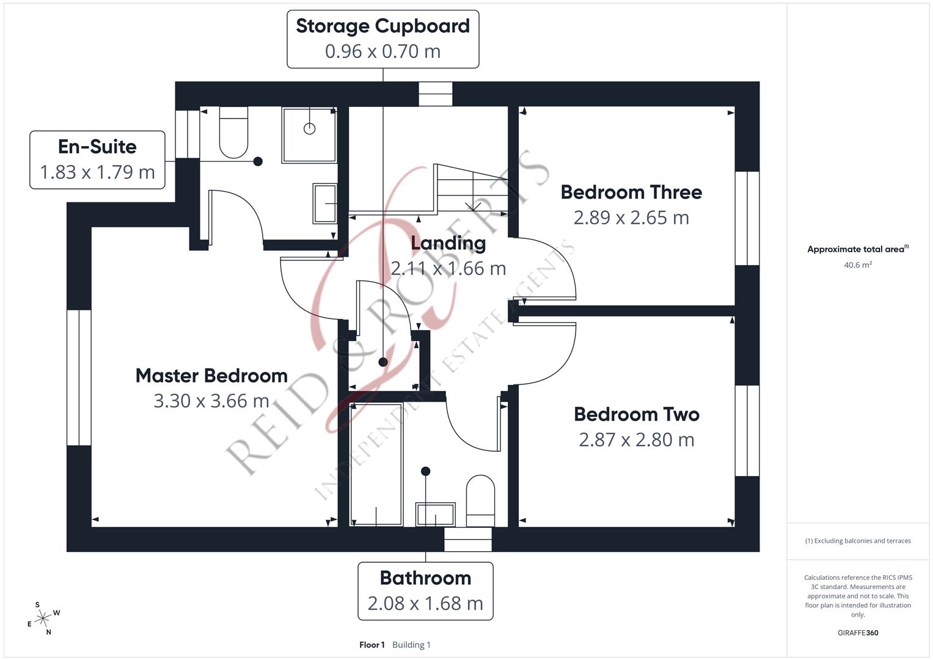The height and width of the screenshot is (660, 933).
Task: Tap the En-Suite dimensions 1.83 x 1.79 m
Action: pos(97,172)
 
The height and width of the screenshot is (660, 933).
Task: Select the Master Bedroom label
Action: pos(211,375)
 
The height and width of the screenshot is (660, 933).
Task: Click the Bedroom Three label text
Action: pos(631,192)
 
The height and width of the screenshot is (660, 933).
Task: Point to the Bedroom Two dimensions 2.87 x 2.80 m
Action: pos(636,439)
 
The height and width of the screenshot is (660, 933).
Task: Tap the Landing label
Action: pos(448,243)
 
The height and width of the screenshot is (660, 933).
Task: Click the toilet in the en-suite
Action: pos(233,133)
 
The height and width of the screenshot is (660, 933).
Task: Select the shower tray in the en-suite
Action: pos(309,135)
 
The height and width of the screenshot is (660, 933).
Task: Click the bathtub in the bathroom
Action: pos(376,464)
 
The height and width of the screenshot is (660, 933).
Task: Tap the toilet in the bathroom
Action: pos(480,501)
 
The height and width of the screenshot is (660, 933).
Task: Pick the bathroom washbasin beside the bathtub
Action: pos(435,514)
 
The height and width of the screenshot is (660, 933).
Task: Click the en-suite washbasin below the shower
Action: pos(324,203)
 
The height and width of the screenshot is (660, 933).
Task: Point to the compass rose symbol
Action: pos(42,618)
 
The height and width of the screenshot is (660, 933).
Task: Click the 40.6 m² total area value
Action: pos(857,265)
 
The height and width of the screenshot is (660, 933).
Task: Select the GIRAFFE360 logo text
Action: pos(857,632)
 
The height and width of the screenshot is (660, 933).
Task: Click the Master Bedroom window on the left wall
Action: pos(79,378)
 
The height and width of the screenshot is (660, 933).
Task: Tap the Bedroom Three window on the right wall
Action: pos(747,218)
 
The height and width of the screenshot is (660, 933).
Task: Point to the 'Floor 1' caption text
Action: pos(371,645)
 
